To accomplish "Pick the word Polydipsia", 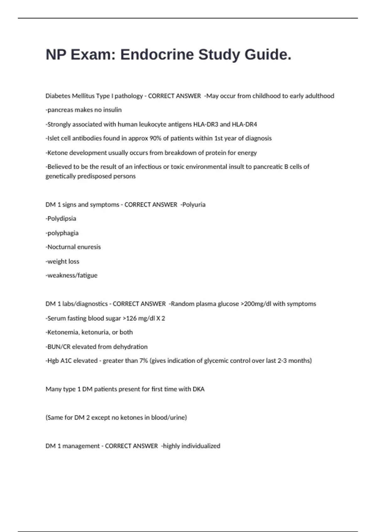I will (x=61, y=218).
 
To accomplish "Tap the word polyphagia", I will (x=63, y=233).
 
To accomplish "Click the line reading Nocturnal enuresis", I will (x=74, y=247).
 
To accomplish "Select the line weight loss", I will (x=63, y=261).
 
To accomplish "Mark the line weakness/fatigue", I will (x=72, y=275).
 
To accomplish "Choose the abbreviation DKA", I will (x=198, y=389).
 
